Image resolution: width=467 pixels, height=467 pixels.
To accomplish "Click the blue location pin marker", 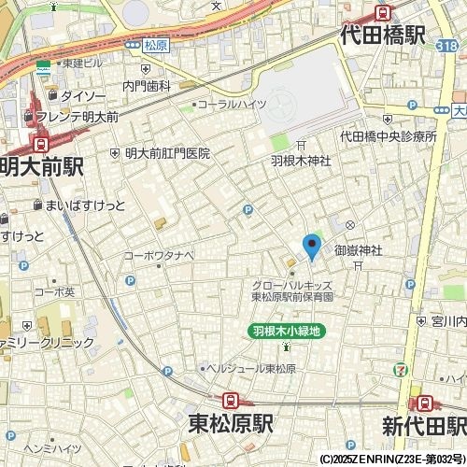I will (x=312, y=247).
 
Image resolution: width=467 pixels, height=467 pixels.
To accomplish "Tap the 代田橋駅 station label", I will (x=383, y=35).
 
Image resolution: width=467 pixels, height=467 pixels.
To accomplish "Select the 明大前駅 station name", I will (x=42, y=166).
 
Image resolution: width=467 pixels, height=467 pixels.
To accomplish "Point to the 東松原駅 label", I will (x=230, y=423).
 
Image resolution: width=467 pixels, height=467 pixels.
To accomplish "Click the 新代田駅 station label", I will (x=423, y=425).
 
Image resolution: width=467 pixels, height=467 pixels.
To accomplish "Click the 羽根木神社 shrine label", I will (x=301, y=161).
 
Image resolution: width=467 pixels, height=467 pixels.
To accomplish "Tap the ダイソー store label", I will (x=83, y=95).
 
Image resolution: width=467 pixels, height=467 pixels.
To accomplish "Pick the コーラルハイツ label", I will (x=233, y=105).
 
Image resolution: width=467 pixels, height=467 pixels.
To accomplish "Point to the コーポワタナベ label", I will (x=158, y=254).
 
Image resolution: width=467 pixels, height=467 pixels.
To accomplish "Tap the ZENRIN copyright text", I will (x=392, y=460).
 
